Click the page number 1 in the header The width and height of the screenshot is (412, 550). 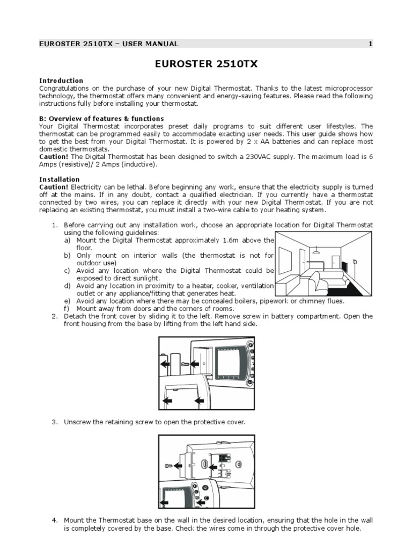pyautogui.click(x=370, y=44)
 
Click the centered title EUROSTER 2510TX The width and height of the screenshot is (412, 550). pyautogui.click(x=206, y=64)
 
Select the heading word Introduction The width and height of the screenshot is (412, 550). pyautogui.click(x=61, y=81)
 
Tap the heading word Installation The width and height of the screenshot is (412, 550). pyautogui.click(x=60, y=179)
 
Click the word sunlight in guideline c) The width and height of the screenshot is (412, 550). pyautogui.click(x=144, y=279)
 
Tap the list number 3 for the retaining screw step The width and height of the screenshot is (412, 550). pyautogui.click(x=55, y=422)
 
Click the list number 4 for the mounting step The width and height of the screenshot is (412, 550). pyautogui.click(x=55, y=520)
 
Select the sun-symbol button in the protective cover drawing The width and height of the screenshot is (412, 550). pyautogui.click(x=205, y=488)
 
